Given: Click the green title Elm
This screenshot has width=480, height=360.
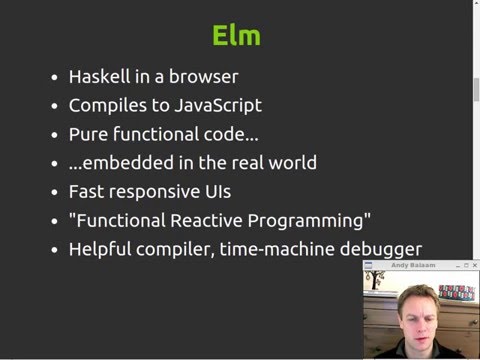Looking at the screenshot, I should [237, 36].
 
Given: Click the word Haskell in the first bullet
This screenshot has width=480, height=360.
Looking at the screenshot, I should [99, 76].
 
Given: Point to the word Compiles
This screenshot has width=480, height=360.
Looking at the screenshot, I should [107, 105].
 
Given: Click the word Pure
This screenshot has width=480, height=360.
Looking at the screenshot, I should [87, 134].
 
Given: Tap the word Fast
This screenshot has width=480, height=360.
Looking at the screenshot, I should [86, 191].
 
